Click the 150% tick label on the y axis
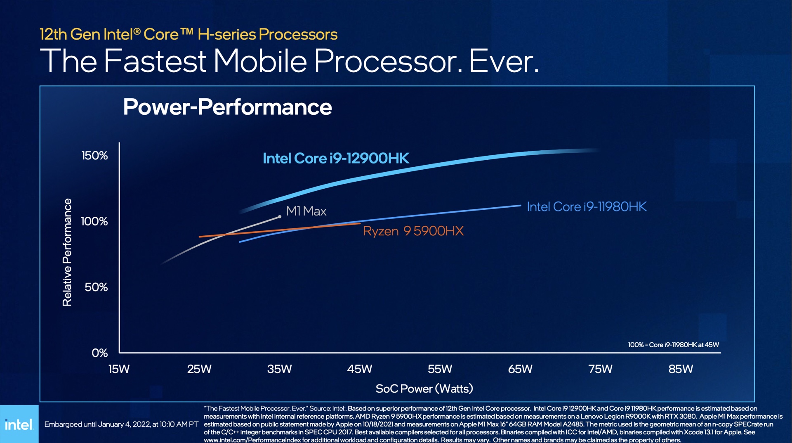tap(94, 156)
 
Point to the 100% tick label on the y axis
tap(94, 221)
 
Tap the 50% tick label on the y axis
tap(96, 287)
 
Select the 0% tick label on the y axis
tap(99, 353)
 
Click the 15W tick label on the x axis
tap(119, 369)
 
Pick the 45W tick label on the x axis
tap(359, 369)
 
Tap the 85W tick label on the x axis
tap(681, 369)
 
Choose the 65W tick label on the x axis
tap(520, 369)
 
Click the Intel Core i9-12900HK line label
tap(336, 158)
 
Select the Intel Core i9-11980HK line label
tap(587, 206)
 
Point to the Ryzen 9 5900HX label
tap(413, 231)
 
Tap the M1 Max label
tap(306, 211)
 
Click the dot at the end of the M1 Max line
tap(280, 216)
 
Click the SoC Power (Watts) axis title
tap(424, 389)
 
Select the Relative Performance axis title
tap(67, 252)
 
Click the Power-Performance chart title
tap(227, 107)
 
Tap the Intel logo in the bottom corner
tap(19, 424)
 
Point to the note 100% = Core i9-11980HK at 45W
tap(673, 345)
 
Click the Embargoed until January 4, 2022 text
tap(121, 424)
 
